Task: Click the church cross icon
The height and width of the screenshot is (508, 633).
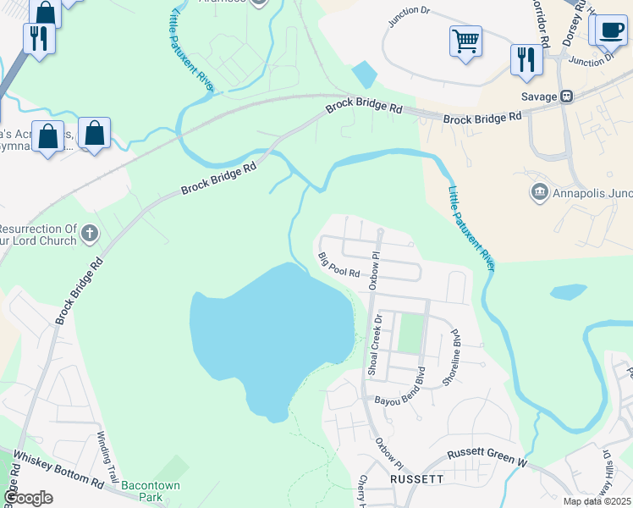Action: pyautogui.click(x=91, y=234)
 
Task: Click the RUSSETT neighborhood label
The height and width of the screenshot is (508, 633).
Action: pyautogui.click(x=417, y=479)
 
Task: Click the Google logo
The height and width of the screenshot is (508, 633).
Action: pyautogui.click(x=27, y=498)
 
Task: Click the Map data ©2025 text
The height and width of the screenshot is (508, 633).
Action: pyautogui.click(x=597, y=501)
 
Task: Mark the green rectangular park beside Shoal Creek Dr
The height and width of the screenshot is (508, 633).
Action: pyautogui.click(x=410, y=334)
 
